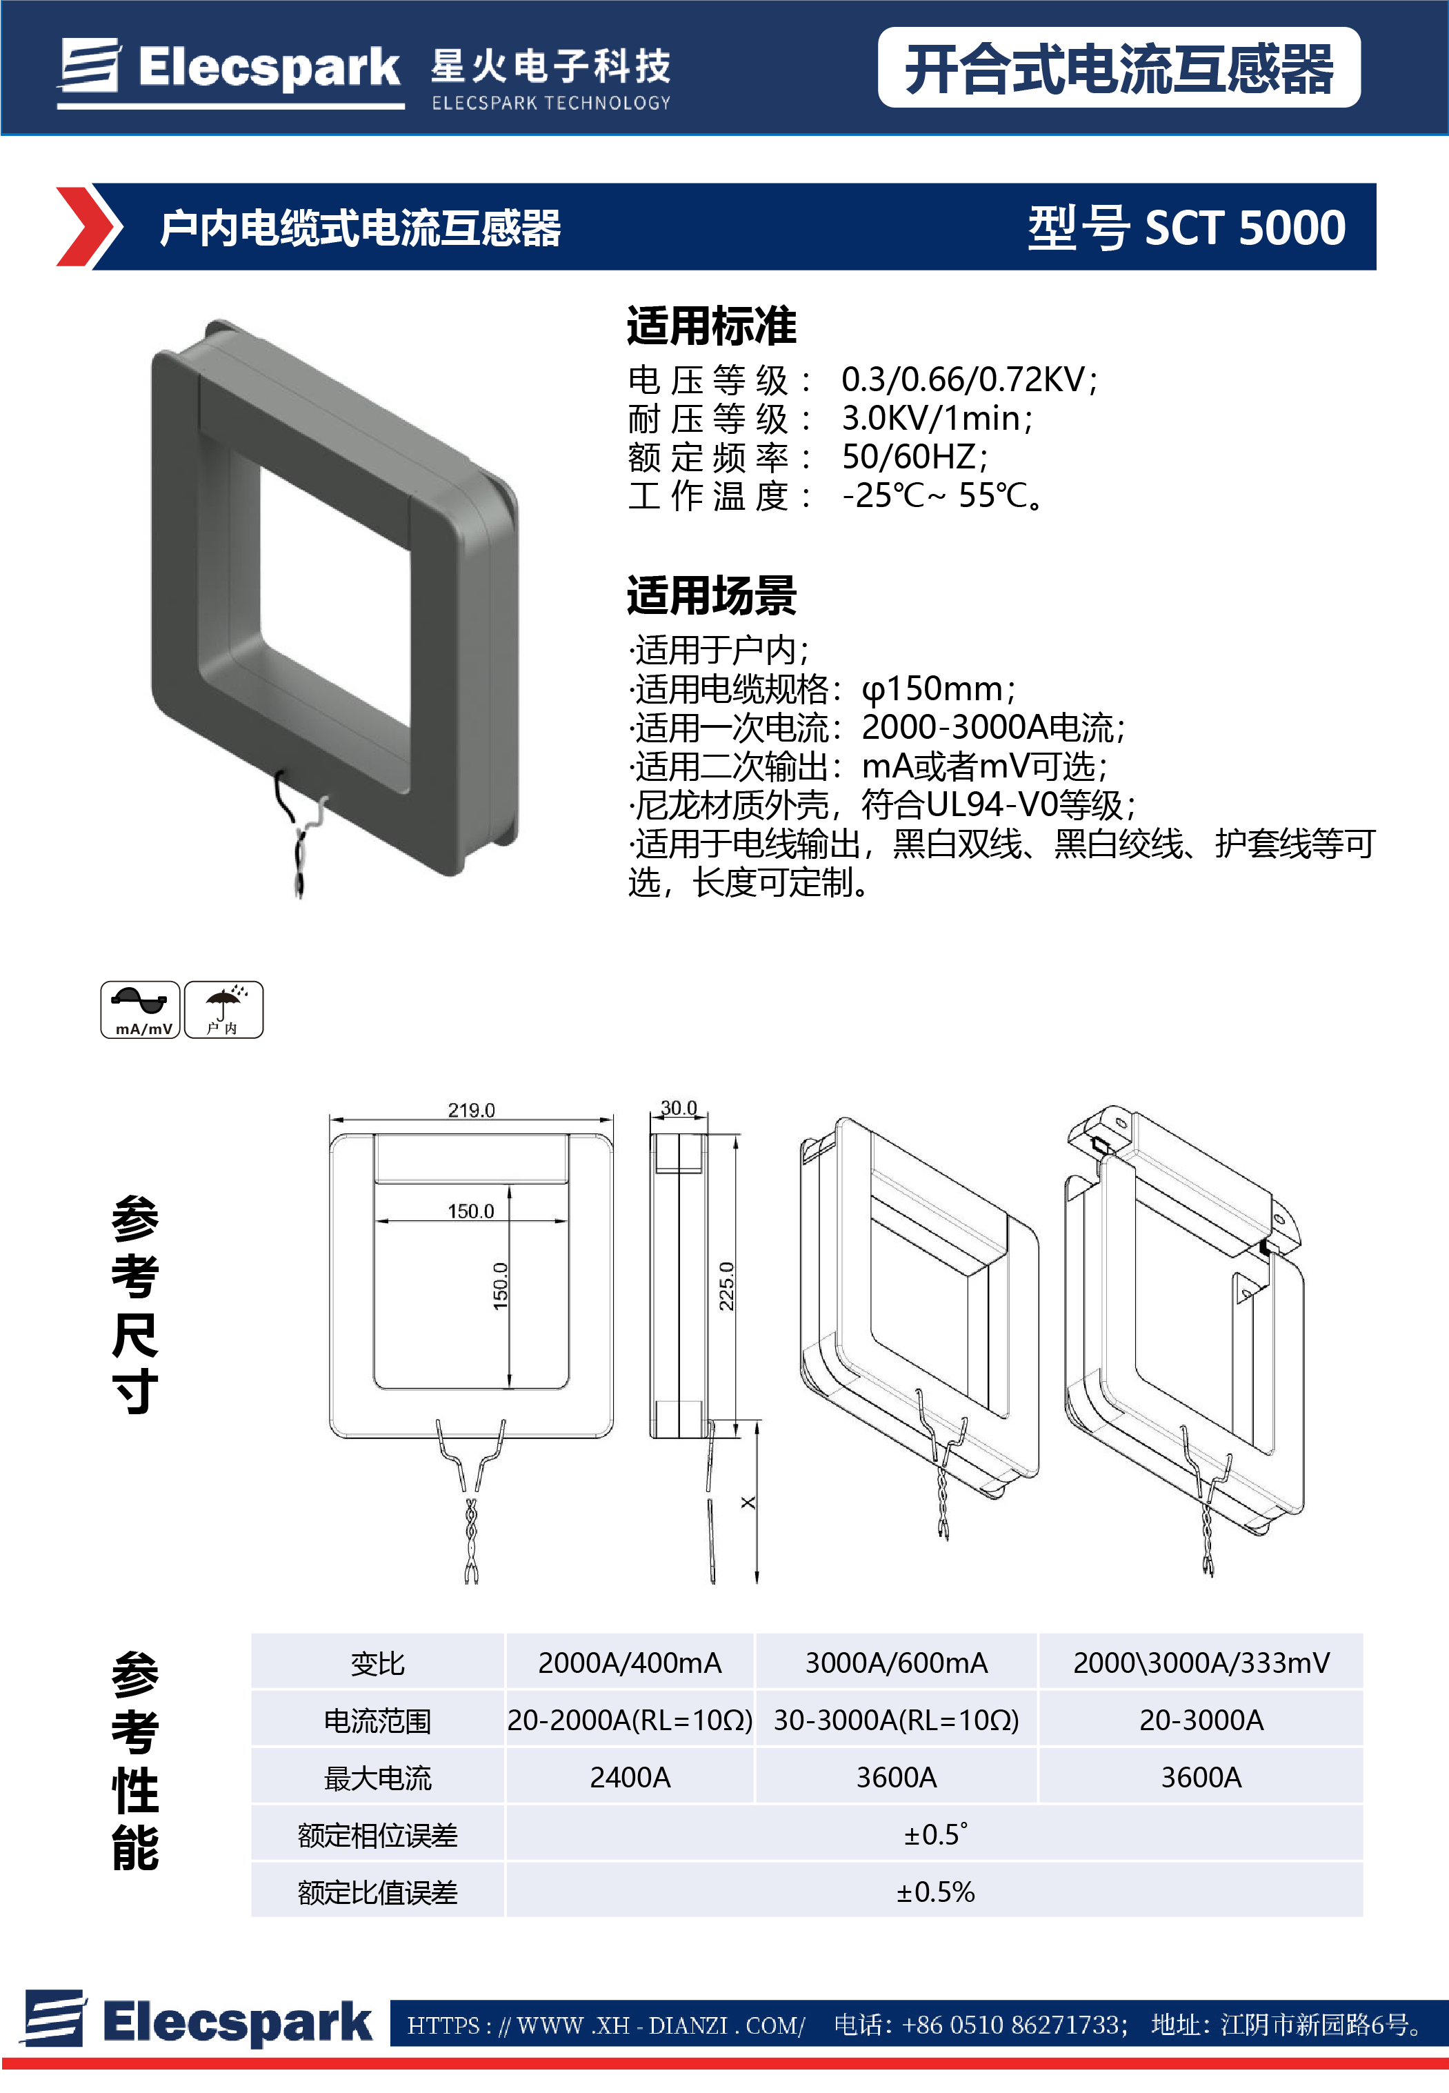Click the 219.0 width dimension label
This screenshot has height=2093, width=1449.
pos(471,1109)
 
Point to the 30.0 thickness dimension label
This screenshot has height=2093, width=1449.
pos(678,1108)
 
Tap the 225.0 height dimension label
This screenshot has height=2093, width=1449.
pos(726,1286)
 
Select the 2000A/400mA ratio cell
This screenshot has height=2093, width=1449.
pos(629,1663)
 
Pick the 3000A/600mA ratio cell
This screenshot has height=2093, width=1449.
pos(896,1663)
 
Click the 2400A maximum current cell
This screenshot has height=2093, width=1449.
pos(629,1777)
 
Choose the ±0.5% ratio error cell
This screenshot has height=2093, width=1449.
pos(935,1892)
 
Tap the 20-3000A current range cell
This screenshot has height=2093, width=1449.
pos(1200,1720)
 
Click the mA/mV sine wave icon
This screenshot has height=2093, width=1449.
pos(140,1009)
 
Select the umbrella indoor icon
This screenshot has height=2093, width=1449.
pos(223,1009)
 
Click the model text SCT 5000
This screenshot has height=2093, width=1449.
pos(1245,227)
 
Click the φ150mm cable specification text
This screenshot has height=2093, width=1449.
pos(938,689)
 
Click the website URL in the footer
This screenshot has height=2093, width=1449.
pos(606,2025)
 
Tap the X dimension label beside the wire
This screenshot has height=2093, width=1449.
pos(747,1502)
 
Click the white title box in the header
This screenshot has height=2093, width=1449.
pos(1119,68)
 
